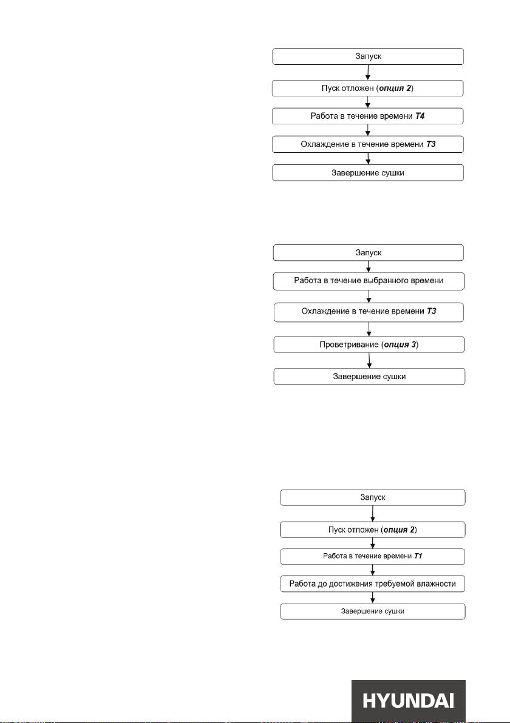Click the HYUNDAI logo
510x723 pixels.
point(408,701)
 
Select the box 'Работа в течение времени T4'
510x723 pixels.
point(368,116)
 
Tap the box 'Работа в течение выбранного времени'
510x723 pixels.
point(369,281)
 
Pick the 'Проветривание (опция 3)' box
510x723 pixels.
point(369,345)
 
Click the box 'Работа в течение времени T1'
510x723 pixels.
point(372,556)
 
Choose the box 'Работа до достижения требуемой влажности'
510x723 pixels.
point(372,583)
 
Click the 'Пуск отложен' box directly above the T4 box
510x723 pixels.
point(368,88)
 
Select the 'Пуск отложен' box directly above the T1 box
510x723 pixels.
point(372,530)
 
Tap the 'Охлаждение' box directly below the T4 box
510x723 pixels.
point(368,144)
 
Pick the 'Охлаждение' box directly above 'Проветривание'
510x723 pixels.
point(369,312)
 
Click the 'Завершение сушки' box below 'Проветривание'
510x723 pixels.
point(369,376)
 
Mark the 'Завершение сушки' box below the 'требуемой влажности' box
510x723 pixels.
point(372,611)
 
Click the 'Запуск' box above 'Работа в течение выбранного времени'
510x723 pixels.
point(369,253)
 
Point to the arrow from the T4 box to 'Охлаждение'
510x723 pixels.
point(368,130)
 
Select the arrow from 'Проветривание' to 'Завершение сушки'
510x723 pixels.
point(369,360)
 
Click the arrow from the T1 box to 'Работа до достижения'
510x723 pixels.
point(372,570)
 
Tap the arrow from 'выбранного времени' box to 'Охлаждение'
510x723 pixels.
point(369,297)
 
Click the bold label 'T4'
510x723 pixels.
point(420,116)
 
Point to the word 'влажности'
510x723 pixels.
point(436,583)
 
